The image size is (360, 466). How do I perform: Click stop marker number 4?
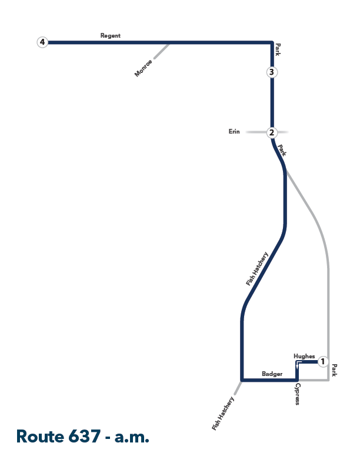coord(42,42)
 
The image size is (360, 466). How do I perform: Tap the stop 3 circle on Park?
coord(272,72)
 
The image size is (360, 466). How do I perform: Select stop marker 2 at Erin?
coord(272,132)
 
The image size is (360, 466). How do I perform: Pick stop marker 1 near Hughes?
coord(323,362)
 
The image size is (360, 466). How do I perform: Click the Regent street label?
coord(111,36)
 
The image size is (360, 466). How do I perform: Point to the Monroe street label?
coord(144,68)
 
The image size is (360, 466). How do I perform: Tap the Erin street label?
coord(234,131)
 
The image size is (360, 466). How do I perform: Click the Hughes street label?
coord(304,356)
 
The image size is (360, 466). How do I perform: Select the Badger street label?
coord(272,374)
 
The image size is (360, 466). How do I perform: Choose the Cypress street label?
coord(298,394)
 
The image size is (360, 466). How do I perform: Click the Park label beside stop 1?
coord(335,370)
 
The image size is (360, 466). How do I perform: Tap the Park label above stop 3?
coord(278,49)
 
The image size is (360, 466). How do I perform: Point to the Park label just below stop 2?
coord(282,150)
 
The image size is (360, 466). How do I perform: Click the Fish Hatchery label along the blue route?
coord(257,269)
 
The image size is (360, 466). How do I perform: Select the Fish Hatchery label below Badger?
coord(223,414)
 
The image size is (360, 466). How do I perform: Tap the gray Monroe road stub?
coord(162,51)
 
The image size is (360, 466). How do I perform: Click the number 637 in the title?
coord(84,436)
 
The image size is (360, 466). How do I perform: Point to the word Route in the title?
coord(40,436)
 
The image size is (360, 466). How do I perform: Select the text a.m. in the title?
coord(132,437)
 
